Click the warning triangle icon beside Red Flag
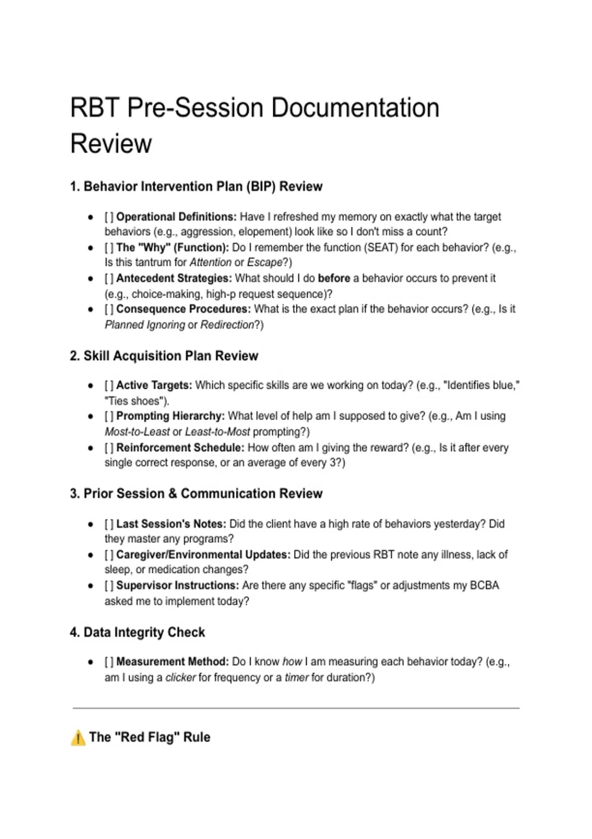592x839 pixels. (78, 738)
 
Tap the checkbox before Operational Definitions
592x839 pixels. (109, 217)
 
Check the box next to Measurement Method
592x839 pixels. (109, 661)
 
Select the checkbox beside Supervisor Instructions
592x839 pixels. (109, 585)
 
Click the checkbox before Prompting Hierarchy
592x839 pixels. (109, 416)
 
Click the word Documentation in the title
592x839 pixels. (355, 108)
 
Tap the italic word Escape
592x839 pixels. (264, 263)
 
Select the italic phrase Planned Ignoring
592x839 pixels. (145, 325)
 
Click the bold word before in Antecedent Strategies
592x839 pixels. (334, 278)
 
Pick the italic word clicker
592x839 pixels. (181, 677)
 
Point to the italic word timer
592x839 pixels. (296, 677)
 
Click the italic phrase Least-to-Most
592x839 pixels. (218, 432)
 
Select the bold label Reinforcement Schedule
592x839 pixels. (180, 448)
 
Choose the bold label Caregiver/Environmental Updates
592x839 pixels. (203, 555)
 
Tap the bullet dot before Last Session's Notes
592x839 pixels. (91, 524)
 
